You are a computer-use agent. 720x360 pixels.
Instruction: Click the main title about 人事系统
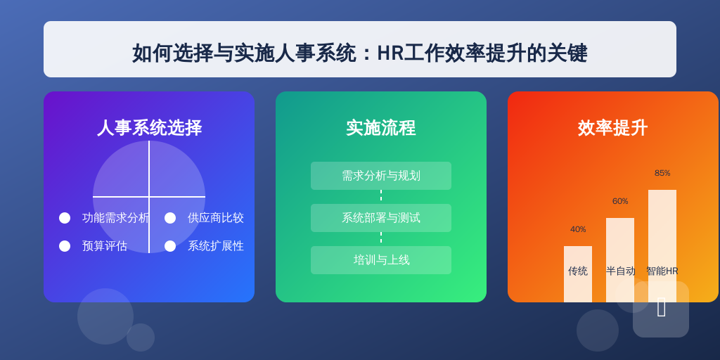(x=359, y=53)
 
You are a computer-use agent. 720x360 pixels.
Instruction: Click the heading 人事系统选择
(x=149, y=128)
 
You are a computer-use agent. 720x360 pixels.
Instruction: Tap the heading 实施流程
(x=380, y=128)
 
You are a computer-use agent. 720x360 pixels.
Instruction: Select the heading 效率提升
(x=612, y=128)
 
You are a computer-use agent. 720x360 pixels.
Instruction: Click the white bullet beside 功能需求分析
(x=65, y=218)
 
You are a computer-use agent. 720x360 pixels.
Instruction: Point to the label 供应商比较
(x=215, y=218)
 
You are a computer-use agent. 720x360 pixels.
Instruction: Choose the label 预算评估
(x=104, y=246)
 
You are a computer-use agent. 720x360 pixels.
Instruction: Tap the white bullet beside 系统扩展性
(x=170, y=246)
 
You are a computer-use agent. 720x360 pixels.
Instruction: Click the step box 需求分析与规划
(x=380, y=176)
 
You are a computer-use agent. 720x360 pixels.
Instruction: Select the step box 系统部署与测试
(x=380, y=218)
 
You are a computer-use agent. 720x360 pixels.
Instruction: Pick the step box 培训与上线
(x=380, y=260)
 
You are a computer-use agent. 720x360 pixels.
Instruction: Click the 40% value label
(x=578, y=229)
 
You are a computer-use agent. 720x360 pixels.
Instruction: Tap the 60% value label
(x=620, y=201)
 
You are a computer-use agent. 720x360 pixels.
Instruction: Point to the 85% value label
(x=662, y=173)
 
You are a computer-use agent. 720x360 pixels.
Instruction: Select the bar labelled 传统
(x=578, y=274)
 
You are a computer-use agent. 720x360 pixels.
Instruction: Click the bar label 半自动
(x=620, y=271)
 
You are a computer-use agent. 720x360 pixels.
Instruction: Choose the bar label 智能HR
(x=662, y=271)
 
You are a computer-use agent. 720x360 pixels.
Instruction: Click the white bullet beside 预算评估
(x=65, y=246)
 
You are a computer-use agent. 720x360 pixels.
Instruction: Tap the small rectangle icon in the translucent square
(x=661, y=307)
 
